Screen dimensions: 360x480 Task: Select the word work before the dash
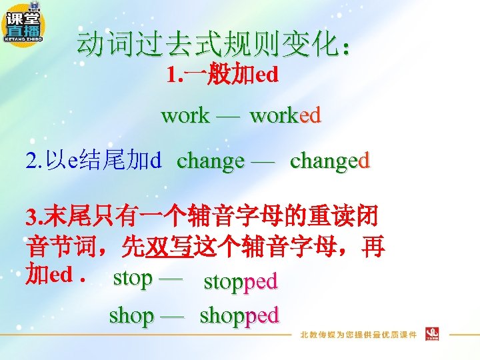(x=185, y=115)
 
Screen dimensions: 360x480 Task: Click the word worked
(x=285, y=115)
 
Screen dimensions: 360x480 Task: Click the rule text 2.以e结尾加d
(x=93, y=161)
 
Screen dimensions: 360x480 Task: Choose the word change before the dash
(x=211, y=161)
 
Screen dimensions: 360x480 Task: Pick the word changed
(x=329, y=161)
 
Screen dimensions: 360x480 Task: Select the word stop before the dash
(x=133, y=277)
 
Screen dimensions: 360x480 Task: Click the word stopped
(x=240, y=281)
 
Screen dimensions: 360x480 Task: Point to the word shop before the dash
(x=131, y=315)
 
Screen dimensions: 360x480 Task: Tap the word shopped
(x=239, y=315)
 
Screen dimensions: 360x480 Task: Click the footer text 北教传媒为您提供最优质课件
(x=358, y=334)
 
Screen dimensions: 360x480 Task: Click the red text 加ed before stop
(x=49, y=275)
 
